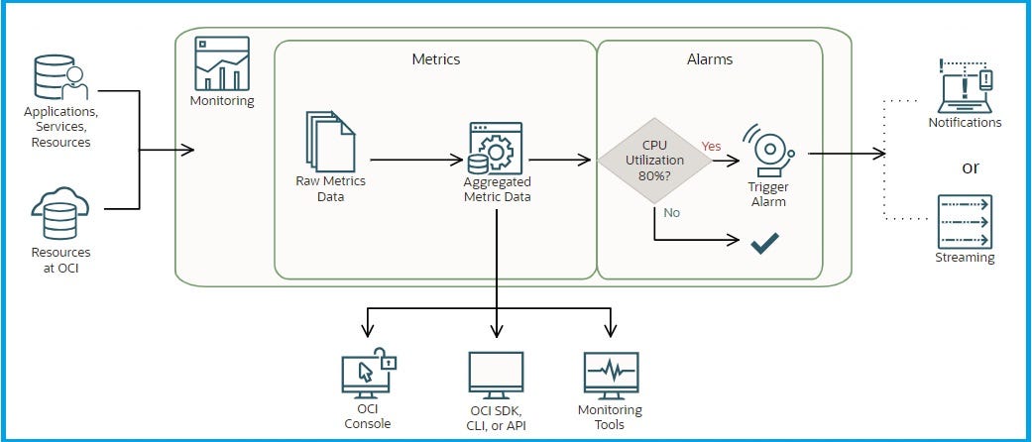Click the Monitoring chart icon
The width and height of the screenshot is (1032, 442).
pyautogui.click(x=221, y=62)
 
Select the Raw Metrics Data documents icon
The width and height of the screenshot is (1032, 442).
pyautogui.click(x=329, y=141)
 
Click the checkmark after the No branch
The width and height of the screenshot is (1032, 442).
pyautogui.click(x=763, y=242)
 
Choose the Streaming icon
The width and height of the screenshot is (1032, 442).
pyautogui.click(x=964, y=222)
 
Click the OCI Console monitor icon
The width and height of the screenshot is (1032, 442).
pyautogui.click(x=366, y=374)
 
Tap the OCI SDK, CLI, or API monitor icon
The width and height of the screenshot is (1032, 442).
pyautogui.click(x=495, y=375)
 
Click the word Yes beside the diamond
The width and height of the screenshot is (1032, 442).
pyautogui.click(x=712, y=146)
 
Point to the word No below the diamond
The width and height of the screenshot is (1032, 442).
pyautogui.click(x=672, y=212)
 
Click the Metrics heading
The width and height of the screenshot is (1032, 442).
pyautogui.click(x=435, y=59)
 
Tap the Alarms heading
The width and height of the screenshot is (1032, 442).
pyautogui.click(x=710, y=59)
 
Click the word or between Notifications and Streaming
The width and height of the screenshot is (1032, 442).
pyautogui.click(x=970, y=166)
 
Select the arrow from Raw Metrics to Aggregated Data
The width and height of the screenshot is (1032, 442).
pyautogui.click(x=416, y=159)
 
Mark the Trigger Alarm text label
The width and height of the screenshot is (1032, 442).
pyautogui.click(x=768, y=194)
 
